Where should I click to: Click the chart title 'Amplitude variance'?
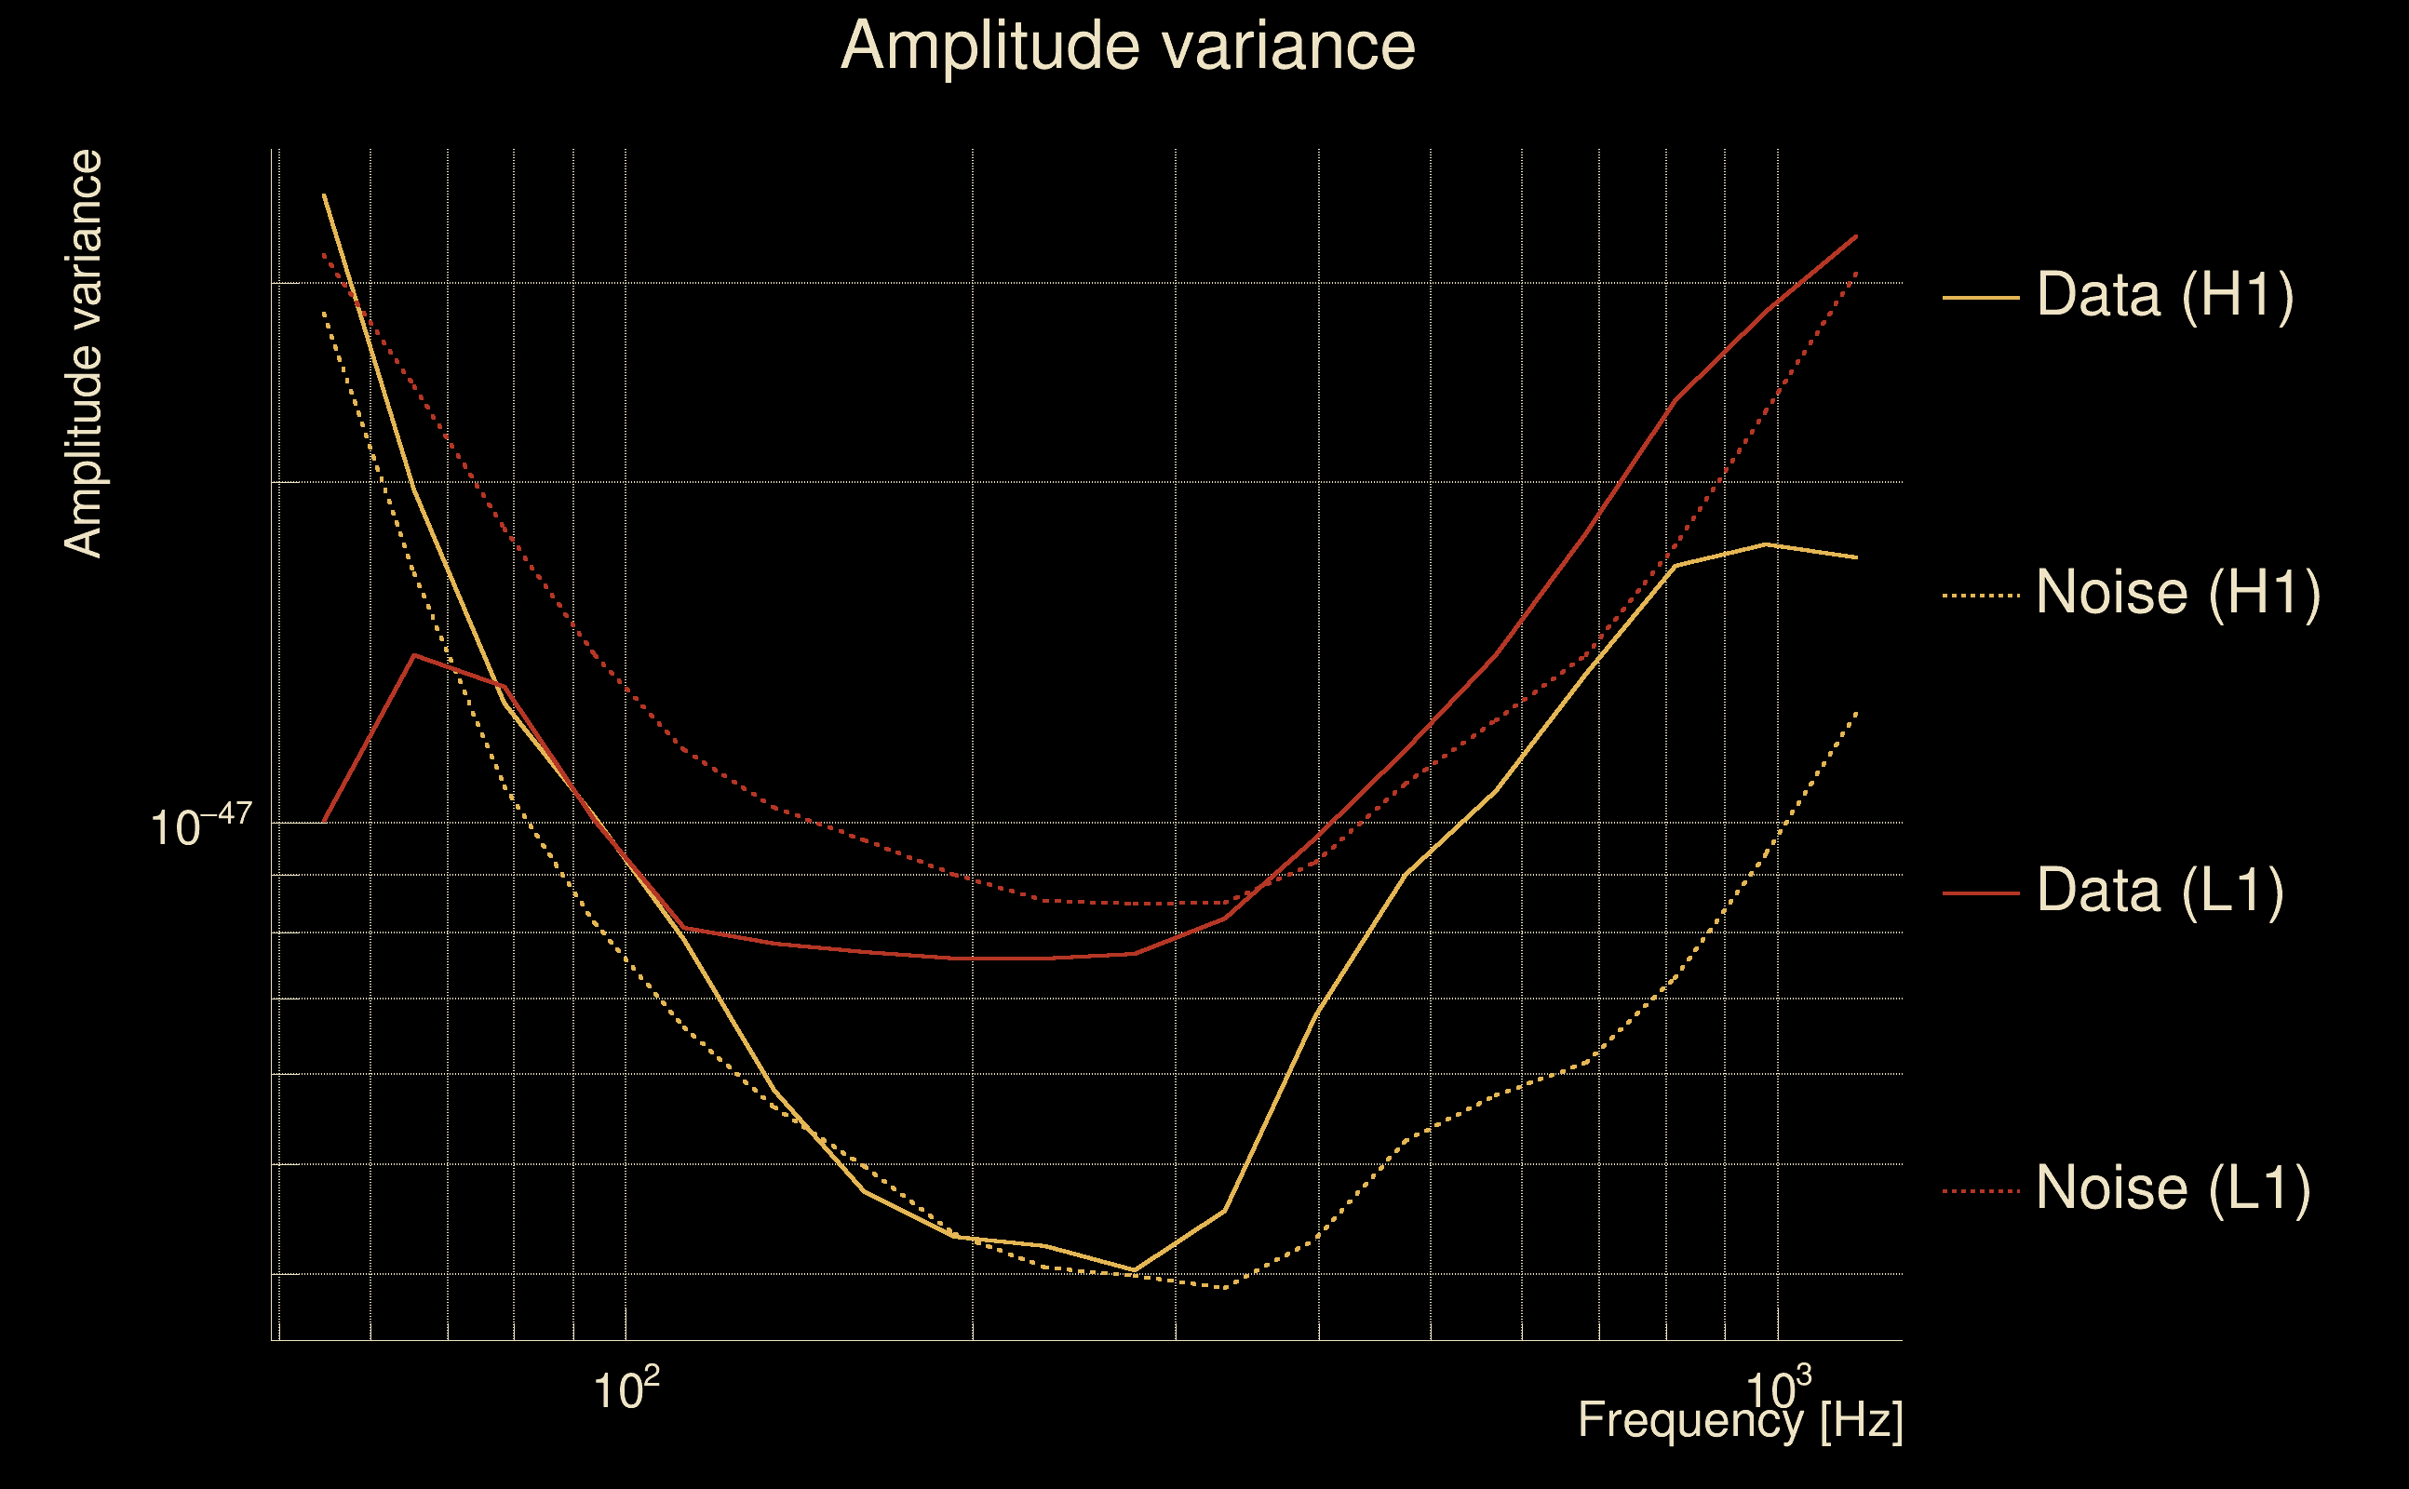1126,47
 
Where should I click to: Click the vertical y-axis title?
83,355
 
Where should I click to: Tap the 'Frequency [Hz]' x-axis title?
1740,1421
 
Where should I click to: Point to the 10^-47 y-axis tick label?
201,825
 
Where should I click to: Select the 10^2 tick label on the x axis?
626,1389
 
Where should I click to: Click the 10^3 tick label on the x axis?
1778,1389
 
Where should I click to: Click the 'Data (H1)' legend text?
2165,294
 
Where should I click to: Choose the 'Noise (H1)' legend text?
2177,593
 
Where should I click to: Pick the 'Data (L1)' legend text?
2160,892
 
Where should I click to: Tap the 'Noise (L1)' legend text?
2173,1188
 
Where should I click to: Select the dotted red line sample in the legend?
1981,1191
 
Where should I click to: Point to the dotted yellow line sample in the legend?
1981,596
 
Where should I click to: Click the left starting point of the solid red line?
324,822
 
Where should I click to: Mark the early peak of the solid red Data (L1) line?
415,655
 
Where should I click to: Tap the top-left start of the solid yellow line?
324,195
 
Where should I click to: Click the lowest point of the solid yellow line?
1135,1270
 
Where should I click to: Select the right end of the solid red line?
1856,236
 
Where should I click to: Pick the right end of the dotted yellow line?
1856,712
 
